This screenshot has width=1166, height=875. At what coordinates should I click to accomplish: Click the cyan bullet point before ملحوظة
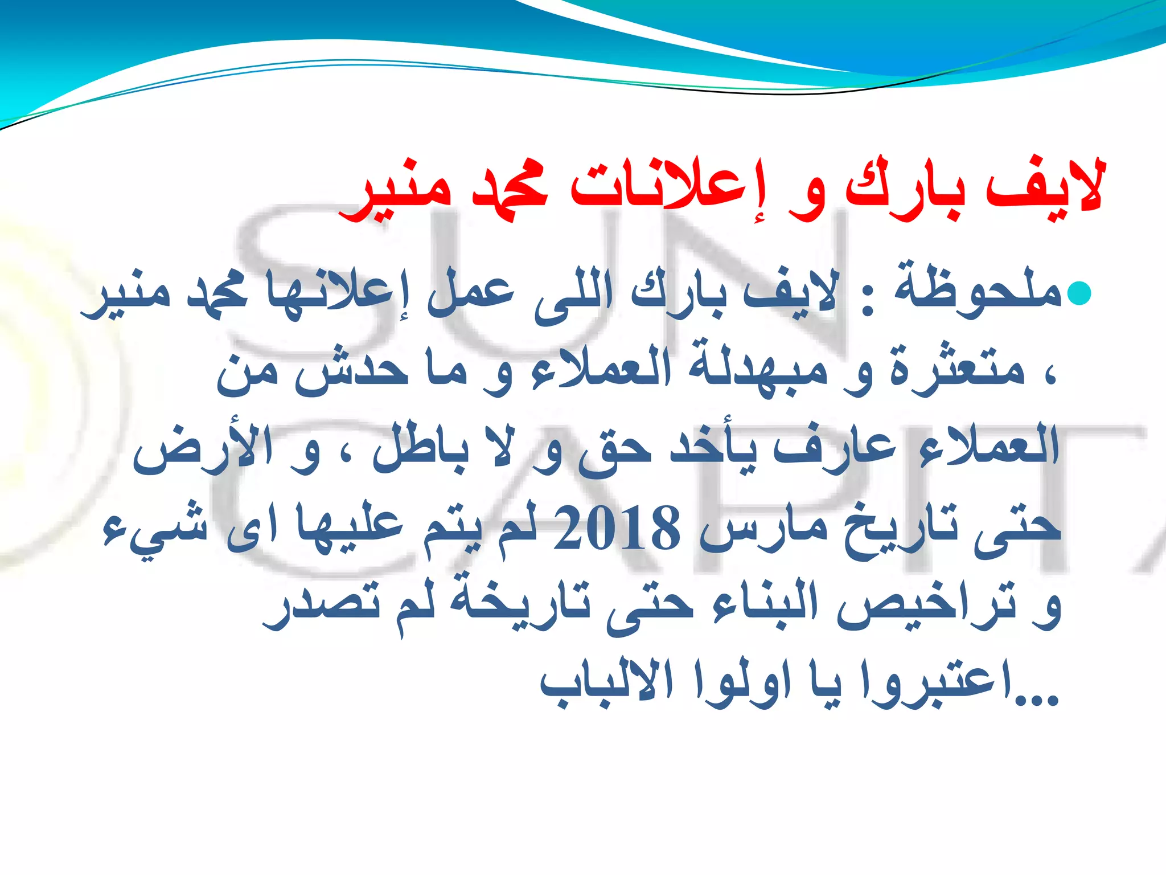(1078, 293)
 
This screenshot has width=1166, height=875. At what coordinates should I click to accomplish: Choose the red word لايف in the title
(1045, 185)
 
